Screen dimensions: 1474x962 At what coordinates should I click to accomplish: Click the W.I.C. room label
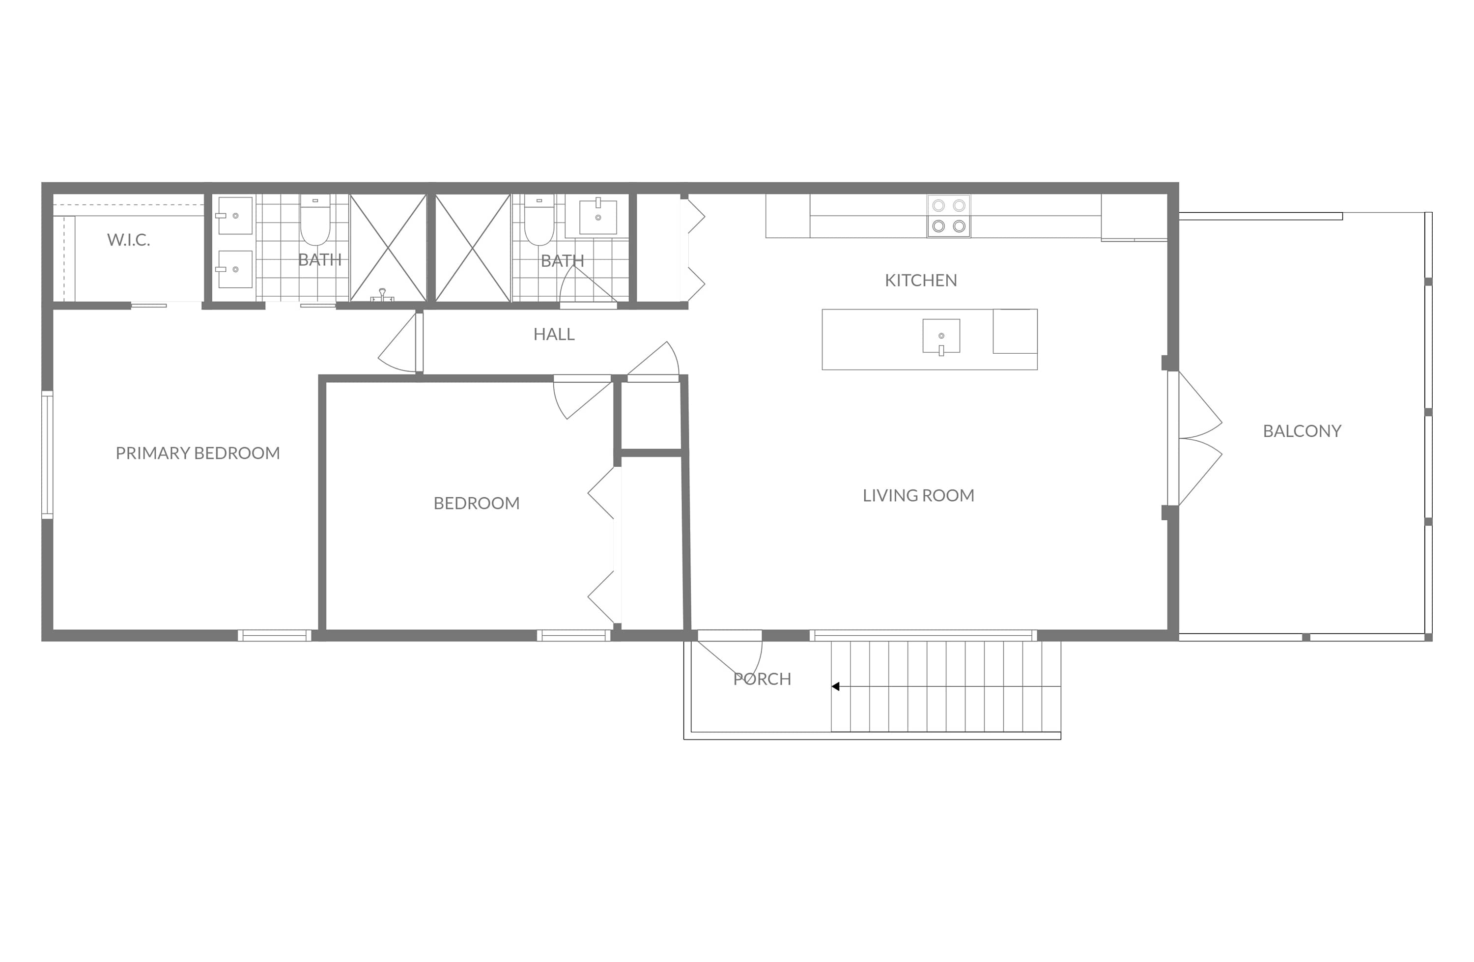click(x=129, y=240)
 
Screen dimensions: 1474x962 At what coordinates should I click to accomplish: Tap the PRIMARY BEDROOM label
click(x=198, y=453)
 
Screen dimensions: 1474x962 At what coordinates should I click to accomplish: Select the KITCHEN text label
click(x=920, y=281)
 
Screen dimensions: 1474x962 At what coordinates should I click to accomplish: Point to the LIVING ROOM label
click(x=918, y=496)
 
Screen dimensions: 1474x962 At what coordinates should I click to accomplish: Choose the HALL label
click(x=554, y=335)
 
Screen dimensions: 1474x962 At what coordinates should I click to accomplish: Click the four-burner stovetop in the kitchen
click(x=948, y=216)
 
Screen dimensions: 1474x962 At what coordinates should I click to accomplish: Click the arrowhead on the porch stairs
click(x=835, y=686)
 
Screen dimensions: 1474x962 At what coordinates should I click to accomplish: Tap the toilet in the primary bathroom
click(x=315, y=221)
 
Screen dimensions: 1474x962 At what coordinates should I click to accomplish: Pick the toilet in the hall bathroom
click(x=539, y=221)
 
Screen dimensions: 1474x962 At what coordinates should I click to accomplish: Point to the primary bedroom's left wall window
click(x=47, y=454)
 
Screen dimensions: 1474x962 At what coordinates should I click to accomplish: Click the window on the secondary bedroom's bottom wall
click(x=573, y=636)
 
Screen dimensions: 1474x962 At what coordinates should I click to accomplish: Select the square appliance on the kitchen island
click(x=1015, y=332)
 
